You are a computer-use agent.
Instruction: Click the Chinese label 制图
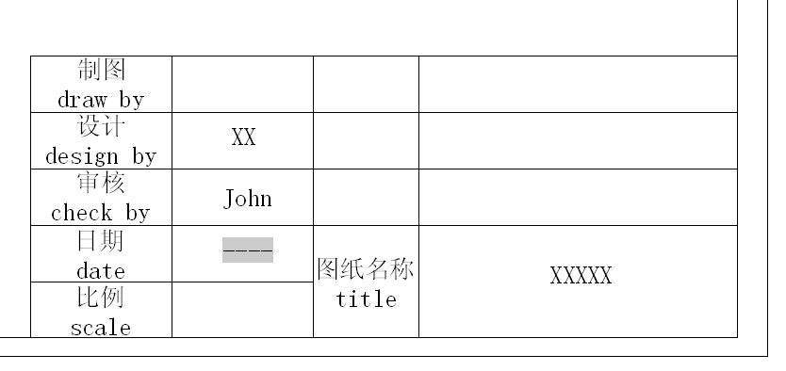pos(101,70)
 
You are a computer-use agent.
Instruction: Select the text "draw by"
pos(101,99)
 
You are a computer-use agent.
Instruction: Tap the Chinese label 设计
pos(101,126)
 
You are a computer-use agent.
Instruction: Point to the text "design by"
pos(101,155)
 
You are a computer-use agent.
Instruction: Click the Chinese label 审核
pos(101,183)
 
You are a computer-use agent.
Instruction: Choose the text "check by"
pos(101,213)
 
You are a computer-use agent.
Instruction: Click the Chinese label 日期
pos(101,241)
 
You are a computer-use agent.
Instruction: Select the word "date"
pos(101,270)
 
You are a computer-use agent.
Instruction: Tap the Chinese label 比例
pos(101,298)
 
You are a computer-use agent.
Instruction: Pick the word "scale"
pos(101,328)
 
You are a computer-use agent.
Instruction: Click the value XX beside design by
pos(243,137)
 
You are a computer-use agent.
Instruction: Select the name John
pos(248,199)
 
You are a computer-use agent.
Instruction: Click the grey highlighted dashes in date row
pos(248,250)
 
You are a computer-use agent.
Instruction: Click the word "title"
pos(367,300)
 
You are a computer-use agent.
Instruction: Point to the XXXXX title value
pos(581,275)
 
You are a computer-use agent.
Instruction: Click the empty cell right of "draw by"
pos(242,84)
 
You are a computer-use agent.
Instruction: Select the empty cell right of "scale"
pos(242,310)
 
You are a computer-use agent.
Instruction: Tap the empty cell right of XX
pos(366,140)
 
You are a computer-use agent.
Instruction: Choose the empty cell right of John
pos(366,197)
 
